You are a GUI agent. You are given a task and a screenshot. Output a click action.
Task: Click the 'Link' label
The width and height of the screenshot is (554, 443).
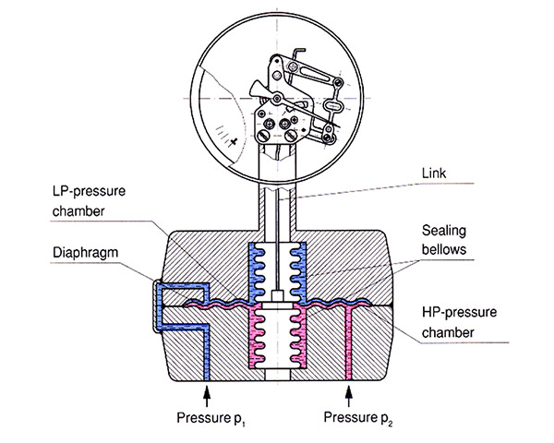click(434, 174)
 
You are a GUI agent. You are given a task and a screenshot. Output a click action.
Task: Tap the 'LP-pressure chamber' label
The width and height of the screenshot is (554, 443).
click(89, 201)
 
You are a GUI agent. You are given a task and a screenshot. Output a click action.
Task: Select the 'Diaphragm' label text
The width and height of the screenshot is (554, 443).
click(85, 253)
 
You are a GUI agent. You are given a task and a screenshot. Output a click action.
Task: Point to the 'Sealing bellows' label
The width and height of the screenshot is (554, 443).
click(444, 240)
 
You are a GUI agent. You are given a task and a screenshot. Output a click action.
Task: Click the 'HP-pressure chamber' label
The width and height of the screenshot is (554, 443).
click(459, 322)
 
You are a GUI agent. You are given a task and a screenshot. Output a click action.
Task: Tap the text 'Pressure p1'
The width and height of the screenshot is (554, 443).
click(211, 418)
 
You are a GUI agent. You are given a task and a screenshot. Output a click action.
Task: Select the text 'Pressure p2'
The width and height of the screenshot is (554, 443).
click(358, 418)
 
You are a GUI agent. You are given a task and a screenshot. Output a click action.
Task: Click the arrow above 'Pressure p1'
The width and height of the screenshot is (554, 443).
click(207, 396)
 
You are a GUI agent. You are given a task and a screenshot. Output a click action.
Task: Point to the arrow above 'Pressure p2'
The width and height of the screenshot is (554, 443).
click(349, 396)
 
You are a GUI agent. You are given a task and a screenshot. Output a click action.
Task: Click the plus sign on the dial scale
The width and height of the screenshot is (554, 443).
click(234, 142)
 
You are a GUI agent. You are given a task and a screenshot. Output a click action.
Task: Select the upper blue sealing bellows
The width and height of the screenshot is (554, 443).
click(278, 272)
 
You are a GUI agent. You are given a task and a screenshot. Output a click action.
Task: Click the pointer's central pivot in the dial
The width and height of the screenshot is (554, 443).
click(277, 98)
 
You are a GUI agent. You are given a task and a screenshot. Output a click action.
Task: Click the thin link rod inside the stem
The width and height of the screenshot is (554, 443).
click(278, 244)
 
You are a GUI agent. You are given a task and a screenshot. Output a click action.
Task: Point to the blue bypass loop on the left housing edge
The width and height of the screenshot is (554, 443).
click(158, 305)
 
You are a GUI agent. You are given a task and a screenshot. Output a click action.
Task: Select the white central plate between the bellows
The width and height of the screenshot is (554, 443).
click(278, 305)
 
